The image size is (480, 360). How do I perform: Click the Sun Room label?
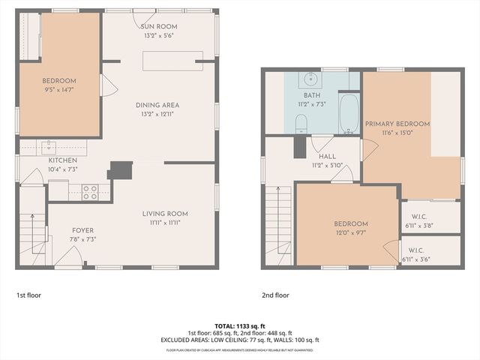click(x=161, y=26)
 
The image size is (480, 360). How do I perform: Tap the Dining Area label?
click(x=157, y=105)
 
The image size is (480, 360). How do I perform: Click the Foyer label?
click(x=82, y=230)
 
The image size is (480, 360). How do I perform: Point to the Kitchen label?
click(x=63, y=160)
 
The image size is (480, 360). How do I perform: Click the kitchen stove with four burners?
click(x=90, y=192)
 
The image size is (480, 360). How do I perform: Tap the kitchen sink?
click(x=48, y=144)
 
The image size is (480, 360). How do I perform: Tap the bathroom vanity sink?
click(x=311, y=78)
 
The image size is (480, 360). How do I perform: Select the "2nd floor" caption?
click(x=275, y=295)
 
